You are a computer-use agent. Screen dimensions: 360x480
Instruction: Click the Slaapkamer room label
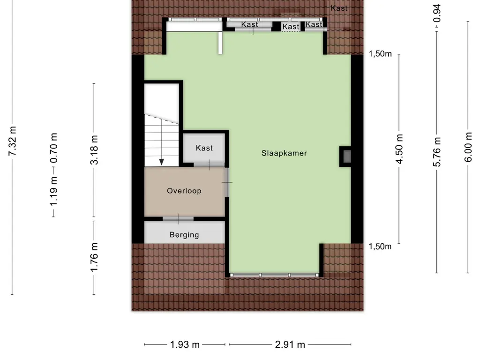click(284, 153)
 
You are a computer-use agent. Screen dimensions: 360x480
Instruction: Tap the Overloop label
click(184, 191)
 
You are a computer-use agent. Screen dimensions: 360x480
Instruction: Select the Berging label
click(184, 235)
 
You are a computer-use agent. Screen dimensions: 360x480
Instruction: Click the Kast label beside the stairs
click(204, 148)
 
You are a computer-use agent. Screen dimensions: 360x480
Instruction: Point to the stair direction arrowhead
click(161, 162)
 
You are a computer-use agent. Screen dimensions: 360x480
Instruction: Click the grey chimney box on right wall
click(346, 157)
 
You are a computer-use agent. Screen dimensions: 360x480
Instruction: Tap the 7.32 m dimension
click(13, 142)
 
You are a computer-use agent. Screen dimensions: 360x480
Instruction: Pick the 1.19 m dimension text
click(54, 194)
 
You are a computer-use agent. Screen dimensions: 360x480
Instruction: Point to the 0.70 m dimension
click(54, 148)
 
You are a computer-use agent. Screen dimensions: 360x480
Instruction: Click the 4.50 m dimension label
click(399, 149)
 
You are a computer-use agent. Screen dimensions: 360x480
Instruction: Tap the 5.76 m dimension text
click(437, 151)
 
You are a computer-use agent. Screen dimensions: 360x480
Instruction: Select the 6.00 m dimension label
click(468, 147)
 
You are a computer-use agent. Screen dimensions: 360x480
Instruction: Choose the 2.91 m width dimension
click(290, 345)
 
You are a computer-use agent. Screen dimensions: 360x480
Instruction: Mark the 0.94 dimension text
click(437, 13)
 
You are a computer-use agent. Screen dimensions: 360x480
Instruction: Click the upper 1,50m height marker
click(380, 53)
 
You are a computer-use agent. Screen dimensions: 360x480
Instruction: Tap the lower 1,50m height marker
click(380, 247)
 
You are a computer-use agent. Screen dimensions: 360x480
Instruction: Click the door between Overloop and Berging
click(178, 219)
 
